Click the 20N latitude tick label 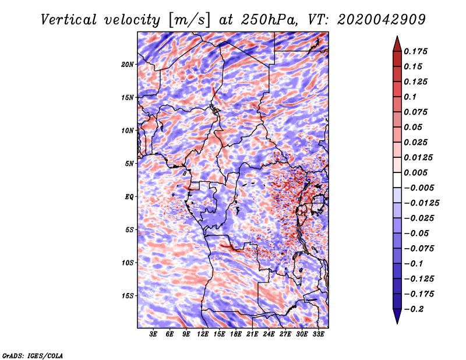click(x=128, y=64)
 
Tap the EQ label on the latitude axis click(x=129, y=196)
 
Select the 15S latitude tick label click(x=128, y=296)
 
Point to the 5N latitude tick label click(x=129, y=164)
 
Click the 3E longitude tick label click(x=153, y=334)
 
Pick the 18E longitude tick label click(x=236, y=334)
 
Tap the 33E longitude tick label click(x=318, y=334)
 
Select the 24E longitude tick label click(x=269, y=334)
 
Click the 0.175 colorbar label click(x=416, y=51)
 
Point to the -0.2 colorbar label click(x=414, y=309)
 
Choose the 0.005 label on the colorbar click(x=416, y=172)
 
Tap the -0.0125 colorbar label click(x=422, y=203)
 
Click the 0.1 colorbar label click(x=410, y=97)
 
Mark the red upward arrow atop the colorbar click(x=397, y=44)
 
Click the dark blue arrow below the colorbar click(x=397, y=316)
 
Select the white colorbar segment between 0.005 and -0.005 click(x=397, y=180)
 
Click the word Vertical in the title click(x=68, y=20)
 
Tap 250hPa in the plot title click(x=269, y=20)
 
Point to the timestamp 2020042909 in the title click(x=382, y=20)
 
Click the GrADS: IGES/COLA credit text click(x=33, y=355)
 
